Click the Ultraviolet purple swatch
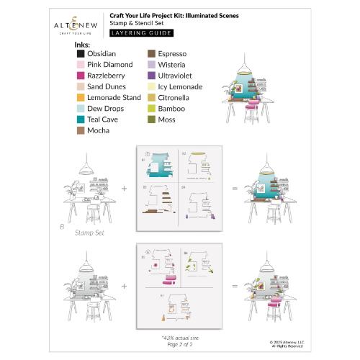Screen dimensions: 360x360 [x=152, y=75]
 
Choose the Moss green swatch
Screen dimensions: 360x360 [x=152, y=120]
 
